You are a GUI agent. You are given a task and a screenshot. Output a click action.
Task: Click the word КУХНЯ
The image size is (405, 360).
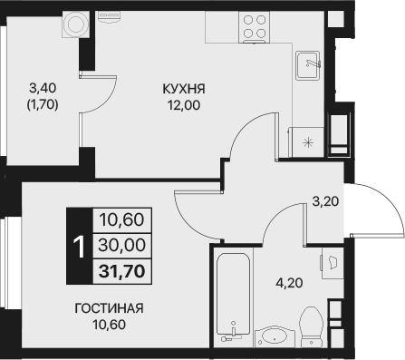click(x=184, y=89)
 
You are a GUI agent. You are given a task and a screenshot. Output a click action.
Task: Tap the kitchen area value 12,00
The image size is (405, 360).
click(x=184, y=105)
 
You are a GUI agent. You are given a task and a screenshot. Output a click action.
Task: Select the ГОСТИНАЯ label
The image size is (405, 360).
click(x=109, y=307)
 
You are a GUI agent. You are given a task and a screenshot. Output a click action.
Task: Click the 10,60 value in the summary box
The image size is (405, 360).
click(x=122, y=219)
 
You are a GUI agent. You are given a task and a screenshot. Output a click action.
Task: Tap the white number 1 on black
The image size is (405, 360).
click(x=80, y=244)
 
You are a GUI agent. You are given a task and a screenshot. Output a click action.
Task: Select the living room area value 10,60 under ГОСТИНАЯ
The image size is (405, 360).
click(x=109, y=324)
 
